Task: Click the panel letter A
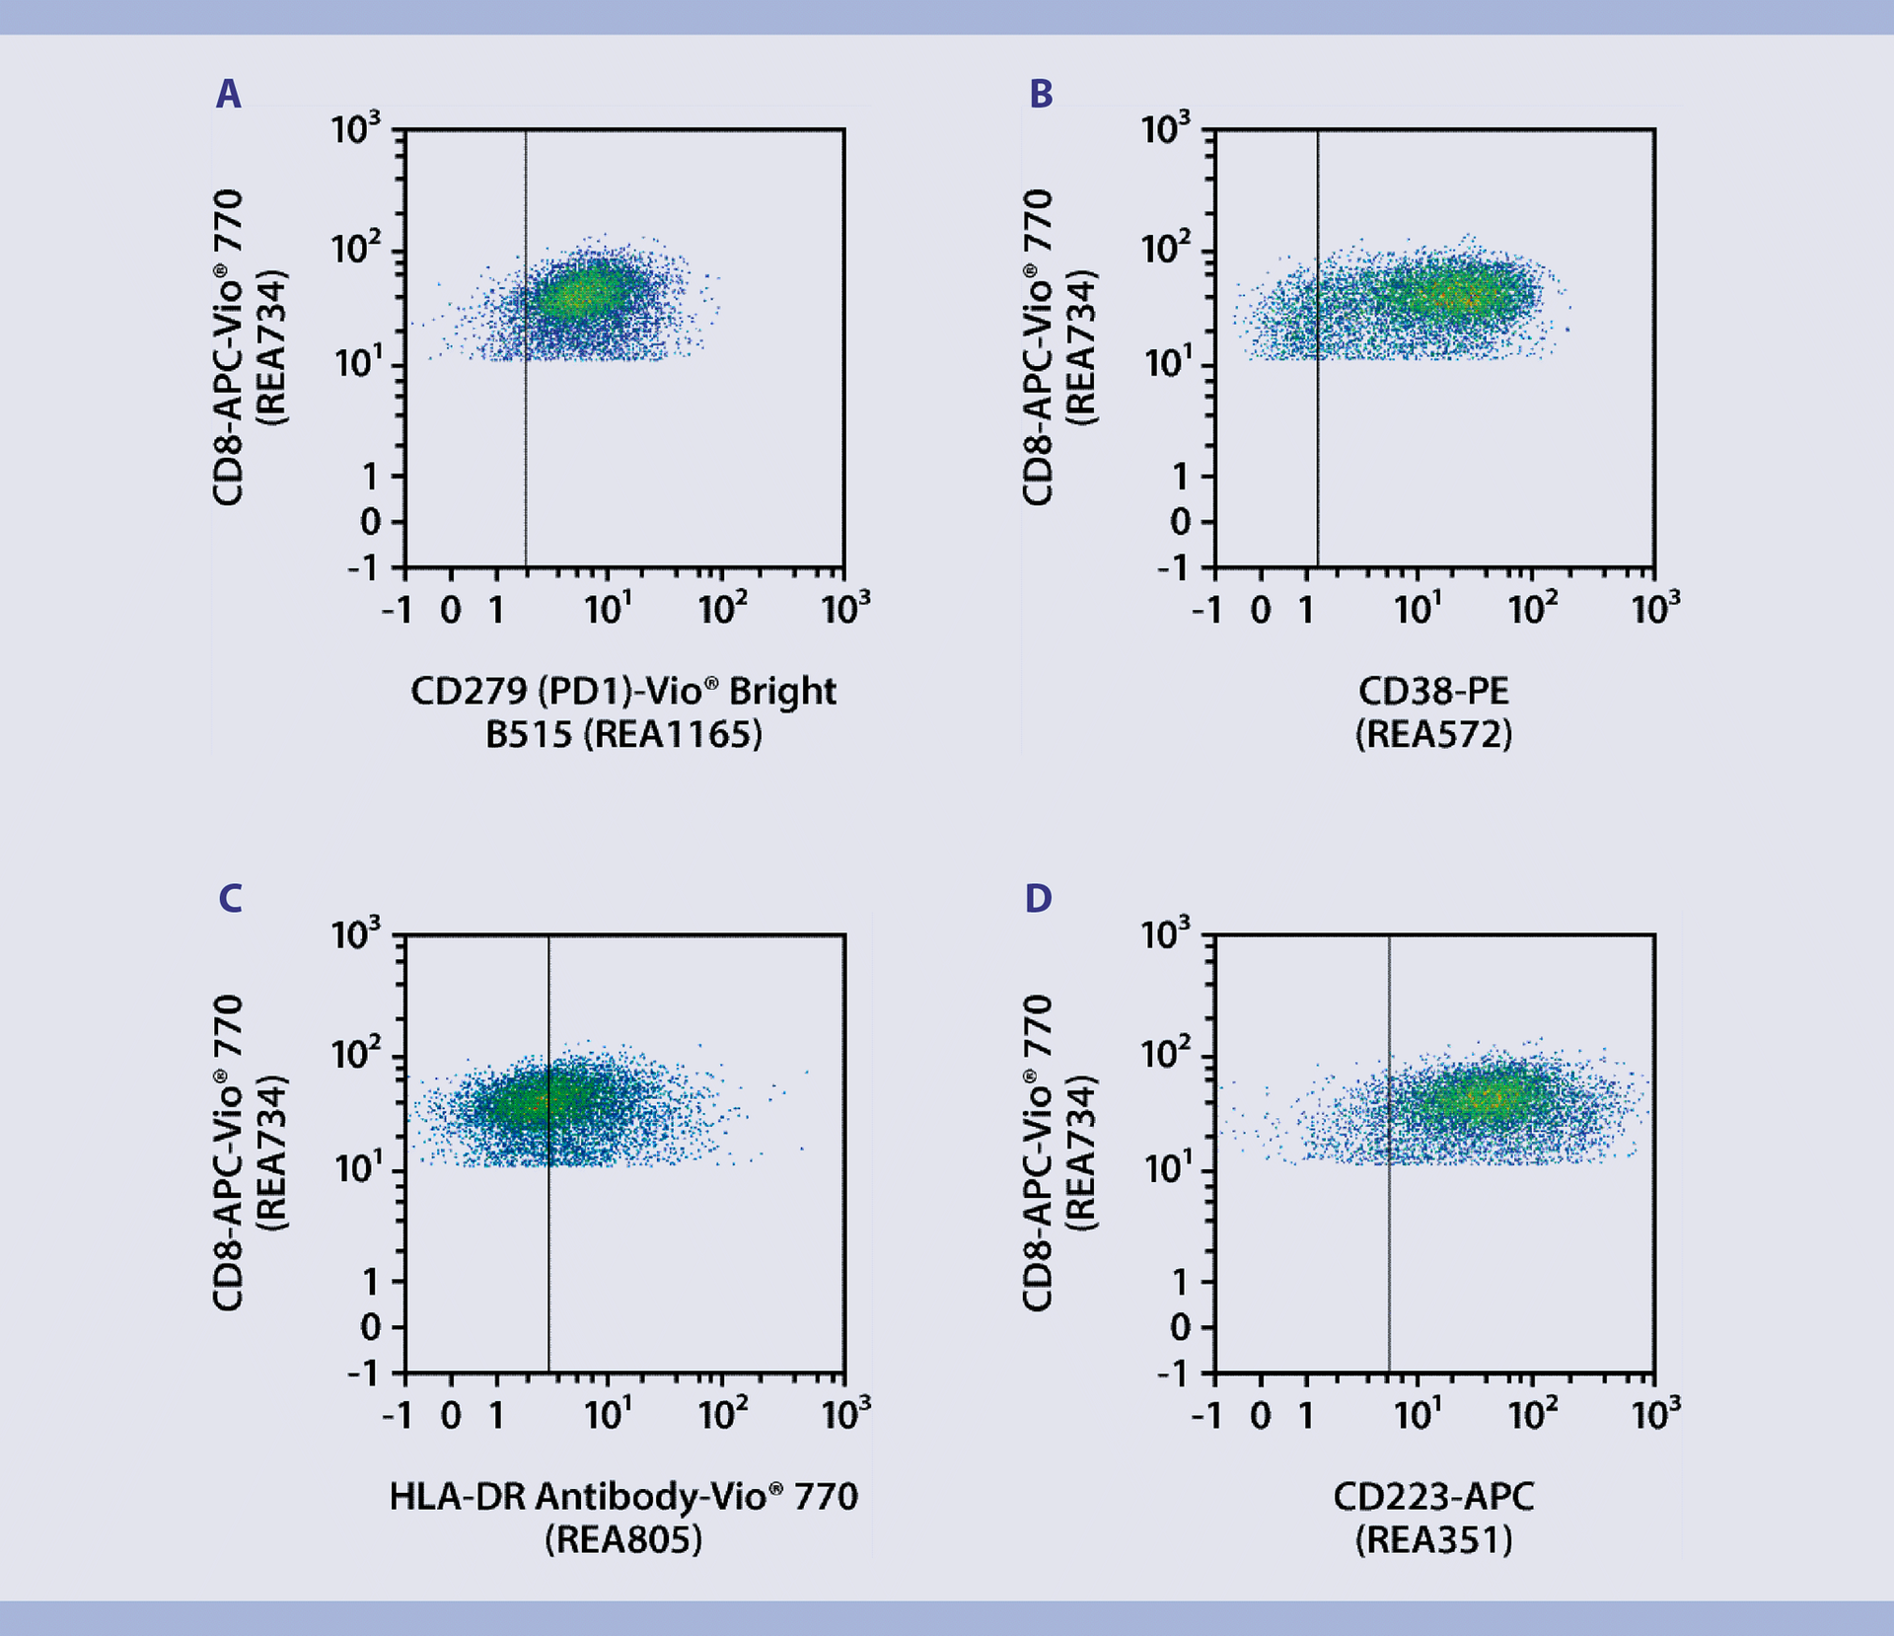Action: coord(228,95)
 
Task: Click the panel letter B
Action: coord(1041,95)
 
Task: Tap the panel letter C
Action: coord(229,899)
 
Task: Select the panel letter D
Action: coord(1039,899)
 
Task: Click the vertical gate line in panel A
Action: coord(526,444)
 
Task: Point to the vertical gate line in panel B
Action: coord(1318,444)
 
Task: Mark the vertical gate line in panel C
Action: coord(548,1253)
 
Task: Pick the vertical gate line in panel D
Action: coord(1389,1253)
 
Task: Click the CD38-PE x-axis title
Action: coord(1433,691)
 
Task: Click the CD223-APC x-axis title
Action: coord(1433,1497)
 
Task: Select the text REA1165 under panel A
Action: coord(671,735)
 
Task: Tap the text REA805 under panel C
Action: coord(623,1540)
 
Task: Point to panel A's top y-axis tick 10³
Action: coord(355,129)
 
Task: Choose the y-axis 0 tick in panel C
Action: coord(371,1328)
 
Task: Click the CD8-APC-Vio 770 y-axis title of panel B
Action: coord(1038,347)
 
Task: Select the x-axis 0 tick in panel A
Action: coord(451,611)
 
